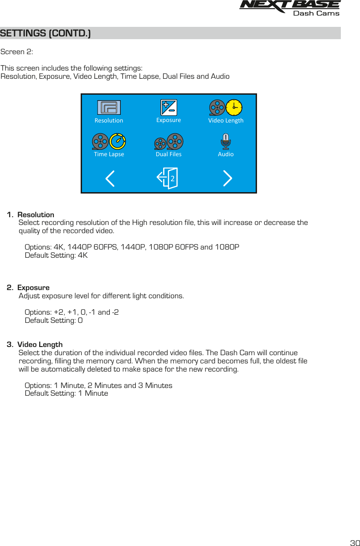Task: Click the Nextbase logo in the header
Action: pos(289,5)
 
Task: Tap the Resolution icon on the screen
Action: pos(109,107)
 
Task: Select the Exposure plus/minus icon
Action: pos(169,107)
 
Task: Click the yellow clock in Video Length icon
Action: pos(234,107)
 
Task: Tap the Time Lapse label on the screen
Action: pos(109,154)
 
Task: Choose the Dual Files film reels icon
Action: pos(169,142)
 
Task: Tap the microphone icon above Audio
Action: pos(226,142)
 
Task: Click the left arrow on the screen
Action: pos(110,179)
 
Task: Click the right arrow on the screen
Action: pos(227,179)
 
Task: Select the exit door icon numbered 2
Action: pos(168,178)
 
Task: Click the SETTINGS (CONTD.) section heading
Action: pos(46,34)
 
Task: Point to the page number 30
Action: pos(355,543)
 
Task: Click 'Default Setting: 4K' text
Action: pos(56,255)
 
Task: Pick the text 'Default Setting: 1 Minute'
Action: pos(67,393)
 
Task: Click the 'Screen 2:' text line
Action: pos(17,52)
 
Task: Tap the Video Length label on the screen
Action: pos(226,121)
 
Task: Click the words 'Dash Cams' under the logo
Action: pos(316,14)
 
